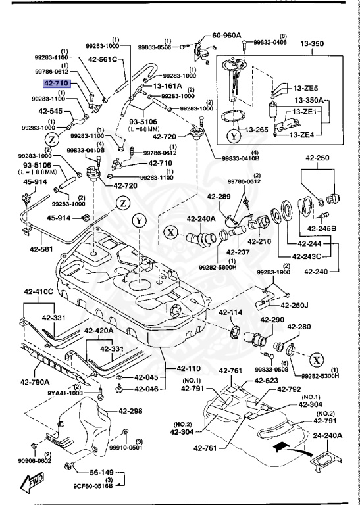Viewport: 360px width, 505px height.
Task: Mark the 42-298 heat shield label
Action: (130, 412)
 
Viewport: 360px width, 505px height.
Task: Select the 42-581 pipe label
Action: (40, 249)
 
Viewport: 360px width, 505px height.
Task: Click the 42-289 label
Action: (219, 197)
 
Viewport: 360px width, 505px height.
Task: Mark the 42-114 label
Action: (230, 312)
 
